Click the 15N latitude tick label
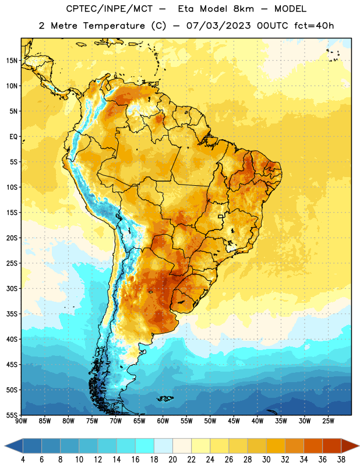pos(12,61)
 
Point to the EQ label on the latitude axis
pos(13,137)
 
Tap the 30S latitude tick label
pos(12,288)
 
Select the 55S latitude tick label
pos(12,415)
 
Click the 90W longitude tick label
pos(21,421)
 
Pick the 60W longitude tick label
pos(163,421)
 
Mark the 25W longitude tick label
pos(328,421)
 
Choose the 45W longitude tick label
pos(234,421)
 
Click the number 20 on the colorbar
pos(172,460)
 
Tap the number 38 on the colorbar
pos(341,460)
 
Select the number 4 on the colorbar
pos(23,460)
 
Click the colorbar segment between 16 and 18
pos(145,446)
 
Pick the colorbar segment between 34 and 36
pos(313,446)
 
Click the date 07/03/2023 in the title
pos(218,26)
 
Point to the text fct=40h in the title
pos(314,26)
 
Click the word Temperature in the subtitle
pos(114,26)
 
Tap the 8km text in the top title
pos(243,9)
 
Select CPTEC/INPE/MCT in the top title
pos(110,9)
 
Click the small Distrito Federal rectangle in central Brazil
pos(221,216)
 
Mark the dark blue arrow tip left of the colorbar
pos(5,446)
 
